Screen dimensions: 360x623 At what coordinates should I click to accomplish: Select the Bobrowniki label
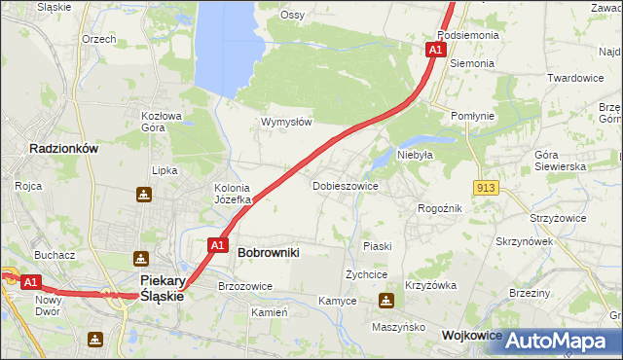click(x=269, y=252)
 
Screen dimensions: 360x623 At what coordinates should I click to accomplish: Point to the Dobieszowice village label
click(x=345, y=185)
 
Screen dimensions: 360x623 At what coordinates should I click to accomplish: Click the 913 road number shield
click(x=488, y=186)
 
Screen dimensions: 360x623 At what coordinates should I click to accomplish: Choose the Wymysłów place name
click(x=286, y=123)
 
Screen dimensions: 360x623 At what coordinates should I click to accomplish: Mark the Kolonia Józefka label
click(x=233, y=194)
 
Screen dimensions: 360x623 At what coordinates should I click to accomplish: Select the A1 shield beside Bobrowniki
click(x=218, y=245)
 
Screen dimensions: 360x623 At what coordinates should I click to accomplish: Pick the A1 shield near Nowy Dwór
click(x=30, y=282)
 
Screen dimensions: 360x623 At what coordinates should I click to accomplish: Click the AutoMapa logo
click(x=554, y=341)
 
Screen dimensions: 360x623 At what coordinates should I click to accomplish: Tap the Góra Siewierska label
click(x=560, y=161)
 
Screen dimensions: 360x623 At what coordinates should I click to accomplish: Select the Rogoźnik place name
click(x=439, y=208)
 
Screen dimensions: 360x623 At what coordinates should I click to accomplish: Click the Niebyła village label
click(x=414, y=154)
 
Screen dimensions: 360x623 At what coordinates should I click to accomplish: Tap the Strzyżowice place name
click(x=558, y=218)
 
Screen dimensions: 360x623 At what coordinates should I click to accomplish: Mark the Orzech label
click(x=99, y=39)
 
